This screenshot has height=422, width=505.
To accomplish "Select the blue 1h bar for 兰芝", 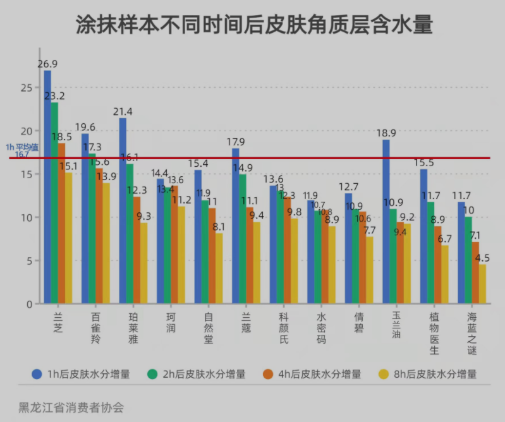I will pyautogui.click(x=47, y=190).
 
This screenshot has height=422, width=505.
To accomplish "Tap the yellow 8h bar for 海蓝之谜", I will pyautogui.click(x=483, y=284).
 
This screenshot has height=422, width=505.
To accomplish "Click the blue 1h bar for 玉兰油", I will pyautogui.click(x=386, y=221).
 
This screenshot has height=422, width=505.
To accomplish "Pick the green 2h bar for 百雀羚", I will pyautogui.click(x=92, y=227).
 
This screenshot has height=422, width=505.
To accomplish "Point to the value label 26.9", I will pyautogui.click(x=48, y=64).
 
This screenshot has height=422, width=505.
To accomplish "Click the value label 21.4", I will pyautogui.click(x=123, y=112).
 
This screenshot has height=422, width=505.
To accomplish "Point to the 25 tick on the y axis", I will pyautogui.click(x=25, y=88).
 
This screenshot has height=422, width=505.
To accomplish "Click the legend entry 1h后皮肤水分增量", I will pyautogui.click(x=81, y=374).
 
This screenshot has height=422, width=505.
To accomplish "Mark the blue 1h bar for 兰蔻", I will pyautogui.click(x=235, y=227).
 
